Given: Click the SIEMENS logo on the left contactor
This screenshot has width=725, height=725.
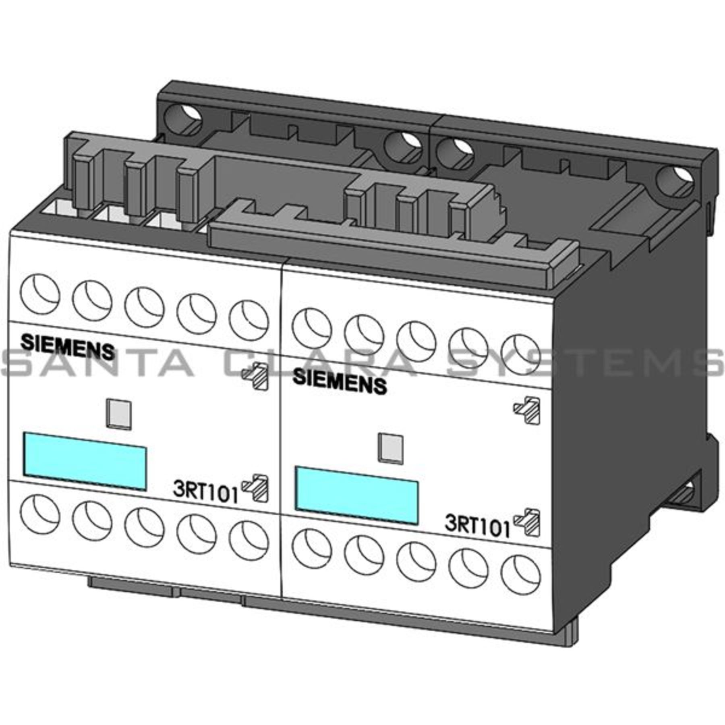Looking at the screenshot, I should click(x=67, y=346).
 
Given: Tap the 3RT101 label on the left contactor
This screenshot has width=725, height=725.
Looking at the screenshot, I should click(x=205, y=492).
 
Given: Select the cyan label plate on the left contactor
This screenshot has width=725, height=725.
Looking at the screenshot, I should click(x=85, y=460).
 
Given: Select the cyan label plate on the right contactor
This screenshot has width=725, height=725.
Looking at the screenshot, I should click(x=356, y=495).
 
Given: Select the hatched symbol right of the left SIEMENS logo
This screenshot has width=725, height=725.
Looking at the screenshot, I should click(x=255, y=376).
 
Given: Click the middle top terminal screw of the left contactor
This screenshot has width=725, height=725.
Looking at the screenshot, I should click(x=144, y=307).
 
